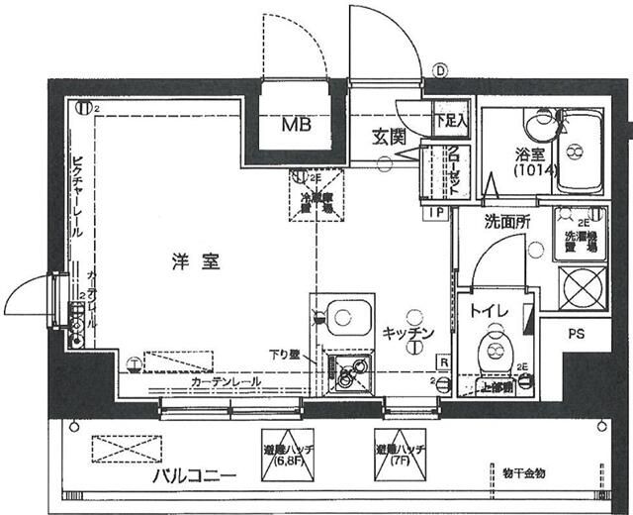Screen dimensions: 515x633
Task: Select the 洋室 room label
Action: click(x=189, y=263)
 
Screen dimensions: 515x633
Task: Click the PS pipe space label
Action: click(x=577, y=335)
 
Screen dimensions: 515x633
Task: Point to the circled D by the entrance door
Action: click(x=440, y=71)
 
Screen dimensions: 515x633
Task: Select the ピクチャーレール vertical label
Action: click(x=76, y=199)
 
